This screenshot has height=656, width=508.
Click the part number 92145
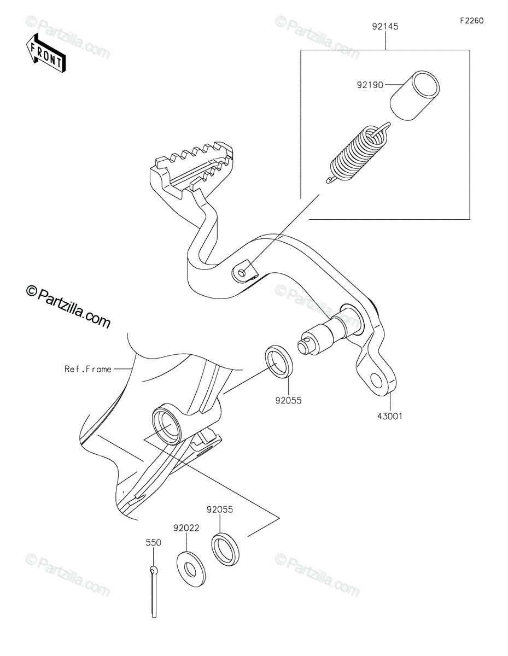(x=386, y=26)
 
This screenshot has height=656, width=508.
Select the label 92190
(x=370, y=85)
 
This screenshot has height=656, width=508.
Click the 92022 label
(x=186, y=528)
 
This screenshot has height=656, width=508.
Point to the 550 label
(x=153, y=543)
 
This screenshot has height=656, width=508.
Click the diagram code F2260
(x=471, y=21)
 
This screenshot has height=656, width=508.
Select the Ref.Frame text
(x=87, y=369)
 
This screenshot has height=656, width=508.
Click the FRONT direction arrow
(x=46, y=52)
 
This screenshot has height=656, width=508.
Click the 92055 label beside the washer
(x=220, y=509)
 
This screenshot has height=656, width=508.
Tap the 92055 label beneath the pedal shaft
(x=288, y=400)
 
